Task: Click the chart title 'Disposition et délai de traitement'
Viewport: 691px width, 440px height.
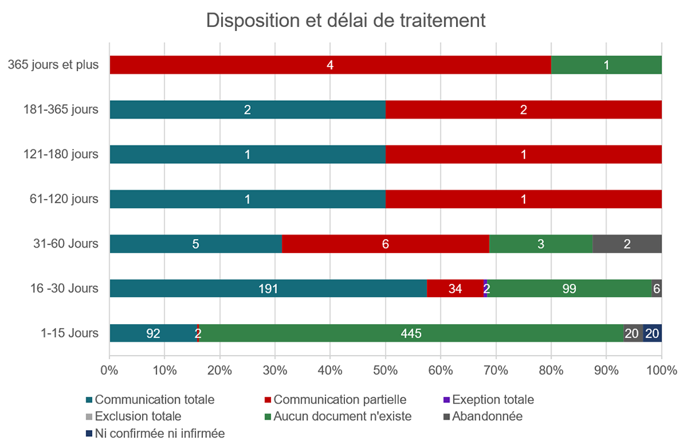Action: coord(345,20)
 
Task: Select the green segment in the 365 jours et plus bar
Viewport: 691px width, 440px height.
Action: coord(606,65)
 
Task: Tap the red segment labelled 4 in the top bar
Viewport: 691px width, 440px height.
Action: coord(330,65)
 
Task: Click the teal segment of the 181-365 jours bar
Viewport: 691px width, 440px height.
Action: coord(247,110)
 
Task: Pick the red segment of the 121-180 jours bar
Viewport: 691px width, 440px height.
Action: coord(523,155)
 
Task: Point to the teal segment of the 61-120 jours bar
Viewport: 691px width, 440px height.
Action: coord(247,199)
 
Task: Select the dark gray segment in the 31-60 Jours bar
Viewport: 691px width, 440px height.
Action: coord(627,244)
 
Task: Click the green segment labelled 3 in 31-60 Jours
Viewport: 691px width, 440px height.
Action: coord(541,244)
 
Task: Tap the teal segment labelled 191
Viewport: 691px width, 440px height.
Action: coord(268,289)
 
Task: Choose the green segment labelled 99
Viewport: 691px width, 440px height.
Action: coord(569,289)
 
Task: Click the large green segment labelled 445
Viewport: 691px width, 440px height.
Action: coord(411,333)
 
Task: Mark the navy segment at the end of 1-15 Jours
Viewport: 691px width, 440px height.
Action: coord(652,333)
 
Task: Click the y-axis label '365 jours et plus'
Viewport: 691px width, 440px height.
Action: coord(53,65)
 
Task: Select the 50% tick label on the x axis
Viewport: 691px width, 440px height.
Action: coord(385,370)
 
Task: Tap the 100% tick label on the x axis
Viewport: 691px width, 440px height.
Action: coord(661,370)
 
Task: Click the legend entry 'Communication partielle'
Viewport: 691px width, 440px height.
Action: coord(340,400)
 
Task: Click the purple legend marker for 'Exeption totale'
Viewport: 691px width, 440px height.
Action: coord(446,400)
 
